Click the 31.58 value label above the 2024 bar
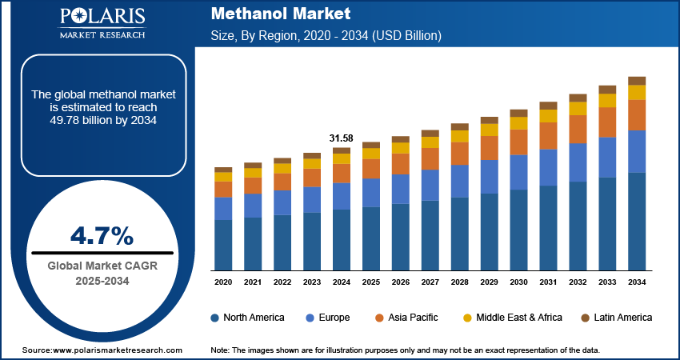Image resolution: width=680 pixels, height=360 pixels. point(342,138)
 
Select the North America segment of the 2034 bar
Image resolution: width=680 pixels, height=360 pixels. point(637,221)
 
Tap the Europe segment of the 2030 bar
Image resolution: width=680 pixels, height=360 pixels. point(519,172)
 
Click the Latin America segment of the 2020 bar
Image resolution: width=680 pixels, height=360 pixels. point(223,170)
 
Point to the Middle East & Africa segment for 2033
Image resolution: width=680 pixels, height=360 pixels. point(607,101)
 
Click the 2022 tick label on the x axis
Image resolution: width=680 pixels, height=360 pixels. point(282,282)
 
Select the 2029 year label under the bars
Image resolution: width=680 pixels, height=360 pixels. point(490,282)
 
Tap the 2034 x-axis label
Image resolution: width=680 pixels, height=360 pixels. point(637,282)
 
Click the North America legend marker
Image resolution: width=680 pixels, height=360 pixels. point(215,318)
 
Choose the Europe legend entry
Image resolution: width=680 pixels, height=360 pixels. point(329,318)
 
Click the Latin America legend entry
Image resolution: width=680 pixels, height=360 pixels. point(616,318)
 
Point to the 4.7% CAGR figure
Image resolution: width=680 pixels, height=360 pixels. point(102,235)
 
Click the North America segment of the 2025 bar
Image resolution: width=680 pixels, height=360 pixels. point(371,238)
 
